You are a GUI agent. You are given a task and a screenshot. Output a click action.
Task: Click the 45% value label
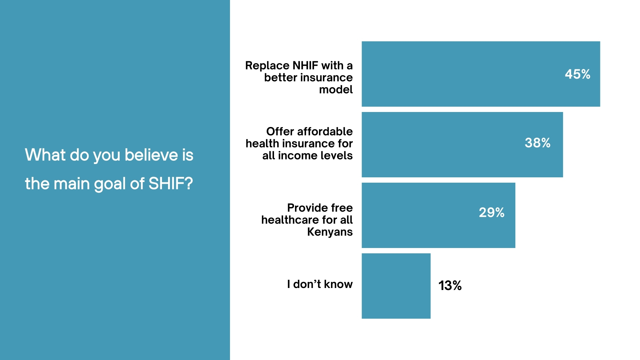coord(577,74)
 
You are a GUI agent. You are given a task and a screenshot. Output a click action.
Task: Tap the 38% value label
coord(537,143)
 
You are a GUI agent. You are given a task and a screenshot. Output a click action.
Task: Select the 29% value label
coord(491,212)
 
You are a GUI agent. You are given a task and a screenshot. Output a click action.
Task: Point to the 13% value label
coord(450,285)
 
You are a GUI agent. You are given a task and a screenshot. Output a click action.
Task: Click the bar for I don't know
coord(396,286)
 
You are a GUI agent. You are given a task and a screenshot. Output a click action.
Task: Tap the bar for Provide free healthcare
coord(420,215)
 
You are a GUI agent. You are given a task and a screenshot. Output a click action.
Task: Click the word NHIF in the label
coord(305,65)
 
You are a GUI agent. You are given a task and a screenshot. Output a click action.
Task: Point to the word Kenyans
coord(330,232)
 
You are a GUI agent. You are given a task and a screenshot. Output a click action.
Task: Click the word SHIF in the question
coord(170,184)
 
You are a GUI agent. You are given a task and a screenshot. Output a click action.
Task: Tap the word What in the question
coord(45,155)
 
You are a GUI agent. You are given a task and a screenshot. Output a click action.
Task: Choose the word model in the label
coord(336,89)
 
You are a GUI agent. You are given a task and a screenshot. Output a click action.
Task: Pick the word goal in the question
coord(110,184)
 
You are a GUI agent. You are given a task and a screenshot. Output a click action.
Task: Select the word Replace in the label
coord(267,65)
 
